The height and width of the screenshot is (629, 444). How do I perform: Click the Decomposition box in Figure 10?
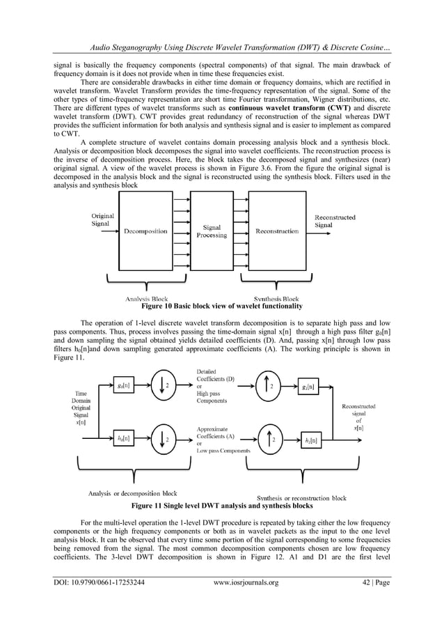pos(145,231)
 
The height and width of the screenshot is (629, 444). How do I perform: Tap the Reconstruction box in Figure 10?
pos(277,231)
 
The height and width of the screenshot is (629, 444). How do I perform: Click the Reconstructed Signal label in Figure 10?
pos(335,222)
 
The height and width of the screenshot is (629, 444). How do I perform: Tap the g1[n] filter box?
pos(308,386)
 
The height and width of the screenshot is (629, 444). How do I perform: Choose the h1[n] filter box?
pos(312,440)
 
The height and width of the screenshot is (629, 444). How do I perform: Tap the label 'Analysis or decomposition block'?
pos(132,493)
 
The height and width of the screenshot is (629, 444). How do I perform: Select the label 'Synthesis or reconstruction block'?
pos(301,498)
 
